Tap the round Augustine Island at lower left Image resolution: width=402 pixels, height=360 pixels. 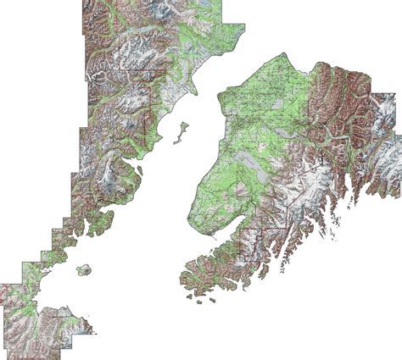tap(83, 271)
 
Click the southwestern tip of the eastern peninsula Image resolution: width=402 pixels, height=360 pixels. tap(182, 280)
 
